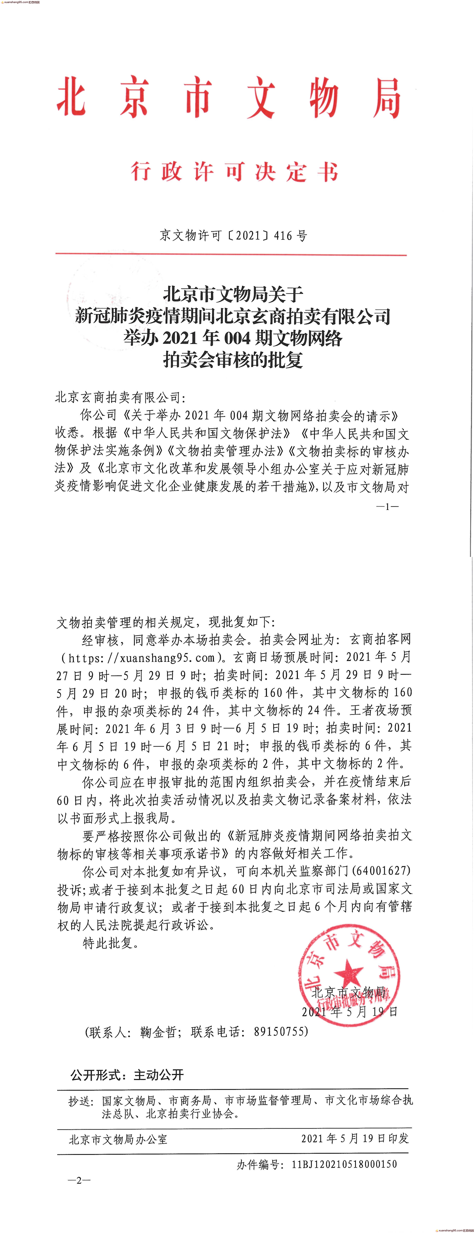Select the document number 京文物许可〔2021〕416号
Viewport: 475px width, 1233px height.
pos(233,235)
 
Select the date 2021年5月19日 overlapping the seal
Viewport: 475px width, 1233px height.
pos(349,1011)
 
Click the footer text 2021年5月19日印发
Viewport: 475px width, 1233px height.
pos(355,1138)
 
